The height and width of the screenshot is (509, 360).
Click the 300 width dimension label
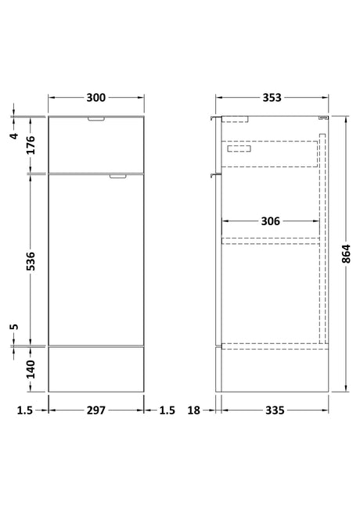click(x=95, y=98)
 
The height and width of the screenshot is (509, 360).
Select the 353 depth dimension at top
click(x=272, y=98)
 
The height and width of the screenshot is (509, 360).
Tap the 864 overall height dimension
click(x=347, y=254)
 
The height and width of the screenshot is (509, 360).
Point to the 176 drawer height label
click(x=31, y=145)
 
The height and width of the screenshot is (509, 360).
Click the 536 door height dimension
click(x=31, y=261)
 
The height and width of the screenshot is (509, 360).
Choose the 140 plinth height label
click(x=31, y=369)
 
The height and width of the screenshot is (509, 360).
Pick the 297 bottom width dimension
click(x=96, y=410)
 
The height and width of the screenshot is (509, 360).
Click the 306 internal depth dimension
click(x=270, y=221)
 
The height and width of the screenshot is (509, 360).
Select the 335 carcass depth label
click(x=275, y=410)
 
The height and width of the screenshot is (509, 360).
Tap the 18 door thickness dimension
click(x=193, y=410)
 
